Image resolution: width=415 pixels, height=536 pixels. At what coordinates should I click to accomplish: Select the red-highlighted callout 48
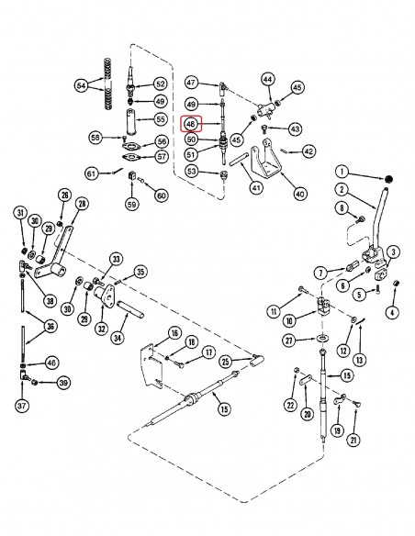(191, 124)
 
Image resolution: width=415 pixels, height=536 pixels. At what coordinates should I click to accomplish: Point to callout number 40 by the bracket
(299, 194)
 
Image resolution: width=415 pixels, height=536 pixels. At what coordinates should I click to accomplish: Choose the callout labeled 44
(267, 80)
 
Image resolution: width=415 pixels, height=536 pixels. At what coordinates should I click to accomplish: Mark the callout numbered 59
(131, 204)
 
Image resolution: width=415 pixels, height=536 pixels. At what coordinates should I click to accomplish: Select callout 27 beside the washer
(290, 341)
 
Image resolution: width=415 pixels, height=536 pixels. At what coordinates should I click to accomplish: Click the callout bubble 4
(392, 313)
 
